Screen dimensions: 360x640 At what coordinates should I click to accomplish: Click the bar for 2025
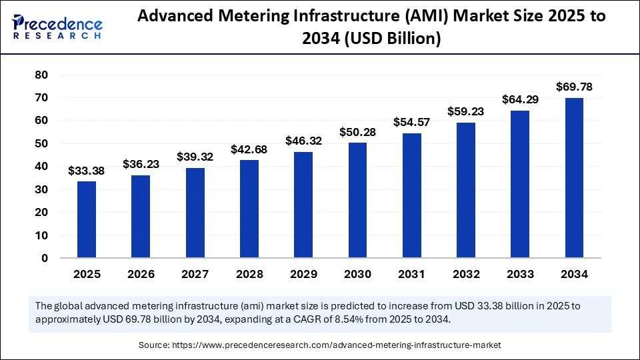point(87,219)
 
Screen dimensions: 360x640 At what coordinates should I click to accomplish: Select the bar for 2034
point(574,178)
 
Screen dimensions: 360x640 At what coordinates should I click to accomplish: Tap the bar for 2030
point(357,200)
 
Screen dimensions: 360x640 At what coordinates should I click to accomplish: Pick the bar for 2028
point(249,209)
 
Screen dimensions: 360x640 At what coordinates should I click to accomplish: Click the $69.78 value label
point(574,87)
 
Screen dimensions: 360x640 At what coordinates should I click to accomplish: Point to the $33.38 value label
point(87,171)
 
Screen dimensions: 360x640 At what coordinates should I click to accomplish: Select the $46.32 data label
point(303,141)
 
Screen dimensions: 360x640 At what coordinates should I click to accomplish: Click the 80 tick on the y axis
point(41,75)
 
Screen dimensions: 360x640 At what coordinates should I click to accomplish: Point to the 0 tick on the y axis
point(45,258)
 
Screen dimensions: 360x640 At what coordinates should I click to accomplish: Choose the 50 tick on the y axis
point(41,143)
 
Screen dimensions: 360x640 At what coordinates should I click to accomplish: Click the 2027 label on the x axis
point(195,274)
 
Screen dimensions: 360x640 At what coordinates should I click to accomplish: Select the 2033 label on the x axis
point(520,274)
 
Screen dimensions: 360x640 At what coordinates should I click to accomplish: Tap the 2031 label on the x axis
point(412,274)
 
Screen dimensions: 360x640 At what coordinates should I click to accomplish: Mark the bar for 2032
point(466,190)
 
